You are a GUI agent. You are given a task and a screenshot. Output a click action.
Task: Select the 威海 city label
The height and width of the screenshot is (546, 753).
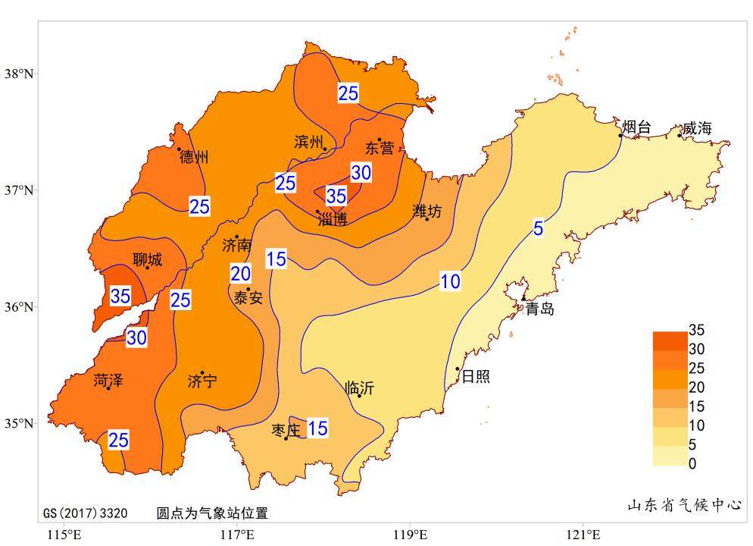point(697,129)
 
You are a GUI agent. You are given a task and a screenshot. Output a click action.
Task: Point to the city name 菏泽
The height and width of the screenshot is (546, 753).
point(108,381)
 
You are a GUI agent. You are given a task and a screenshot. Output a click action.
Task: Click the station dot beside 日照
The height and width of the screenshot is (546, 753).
point(458,369)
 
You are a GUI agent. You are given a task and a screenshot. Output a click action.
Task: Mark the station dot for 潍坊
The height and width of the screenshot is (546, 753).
point(427,219)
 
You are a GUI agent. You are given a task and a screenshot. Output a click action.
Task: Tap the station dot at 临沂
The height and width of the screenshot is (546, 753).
point(360,396)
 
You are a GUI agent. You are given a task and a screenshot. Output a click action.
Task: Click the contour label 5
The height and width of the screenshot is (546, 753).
point(538,228)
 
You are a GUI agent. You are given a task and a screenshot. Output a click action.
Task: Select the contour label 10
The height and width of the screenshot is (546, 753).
point(450,282)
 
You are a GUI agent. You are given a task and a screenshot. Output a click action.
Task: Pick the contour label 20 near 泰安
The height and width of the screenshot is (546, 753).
point(240,274)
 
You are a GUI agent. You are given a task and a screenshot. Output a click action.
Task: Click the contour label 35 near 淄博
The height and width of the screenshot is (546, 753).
point(336,196)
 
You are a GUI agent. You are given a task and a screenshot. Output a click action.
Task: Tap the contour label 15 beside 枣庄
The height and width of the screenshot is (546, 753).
point(317,428)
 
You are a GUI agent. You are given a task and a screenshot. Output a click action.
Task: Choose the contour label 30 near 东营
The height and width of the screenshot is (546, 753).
point(361,173)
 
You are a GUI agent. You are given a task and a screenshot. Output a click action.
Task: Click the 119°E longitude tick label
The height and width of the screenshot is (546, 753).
point(410,536)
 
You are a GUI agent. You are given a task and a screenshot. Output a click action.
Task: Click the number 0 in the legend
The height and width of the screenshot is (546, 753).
point(692,463)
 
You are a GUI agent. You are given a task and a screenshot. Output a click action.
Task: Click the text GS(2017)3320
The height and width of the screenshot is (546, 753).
point(85,513)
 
